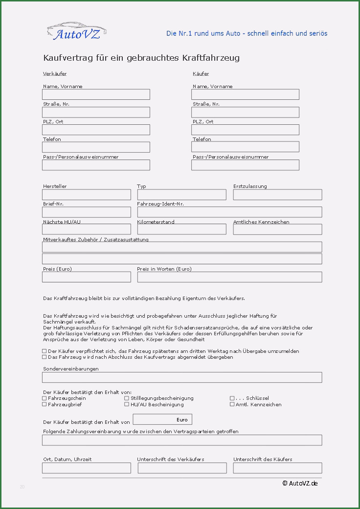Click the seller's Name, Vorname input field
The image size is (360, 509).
[96, 94]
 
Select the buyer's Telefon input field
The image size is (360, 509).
[245, 147]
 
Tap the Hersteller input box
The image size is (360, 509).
[87, 195]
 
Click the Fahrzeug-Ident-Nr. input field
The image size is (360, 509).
[229, 212]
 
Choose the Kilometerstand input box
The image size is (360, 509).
[181, 230]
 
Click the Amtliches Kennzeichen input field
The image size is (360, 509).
[277, 230]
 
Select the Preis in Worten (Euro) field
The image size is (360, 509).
[229, 277]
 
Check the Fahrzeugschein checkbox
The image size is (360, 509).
[45, 398]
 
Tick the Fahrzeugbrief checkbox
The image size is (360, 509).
[45, 404]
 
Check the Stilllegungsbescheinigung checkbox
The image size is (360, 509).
[127, 398]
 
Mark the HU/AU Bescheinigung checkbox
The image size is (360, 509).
[127, 404]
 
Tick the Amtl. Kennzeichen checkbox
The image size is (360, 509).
[232, 404]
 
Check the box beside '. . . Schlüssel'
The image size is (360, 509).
[232, 398]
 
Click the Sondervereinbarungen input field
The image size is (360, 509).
[182, 377]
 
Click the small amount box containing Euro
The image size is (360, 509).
[162, 419]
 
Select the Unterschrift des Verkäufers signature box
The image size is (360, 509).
[182, 468]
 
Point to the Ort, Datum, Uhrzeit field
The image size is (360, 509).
[87, 468]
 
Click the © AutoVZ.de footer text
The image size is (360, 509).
[300, 484]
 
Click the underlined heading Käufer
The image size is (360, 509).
[201, 74]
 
